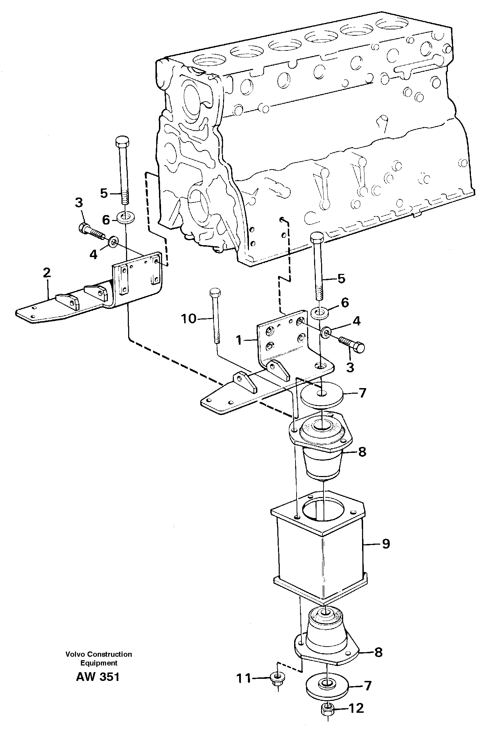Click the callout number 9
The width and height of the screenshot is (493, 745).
coord(386,544)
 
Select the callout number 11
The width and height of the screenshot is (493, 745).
coord(244,678)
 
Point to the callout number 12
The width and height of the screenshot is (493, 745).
coord(356,708)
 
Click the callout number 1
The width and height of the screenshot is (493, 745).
coord(239,340)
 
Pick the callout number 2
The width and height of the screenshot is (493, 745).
coord(47,273)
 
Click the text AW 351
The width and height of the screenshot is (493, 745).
coord(98,677)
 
